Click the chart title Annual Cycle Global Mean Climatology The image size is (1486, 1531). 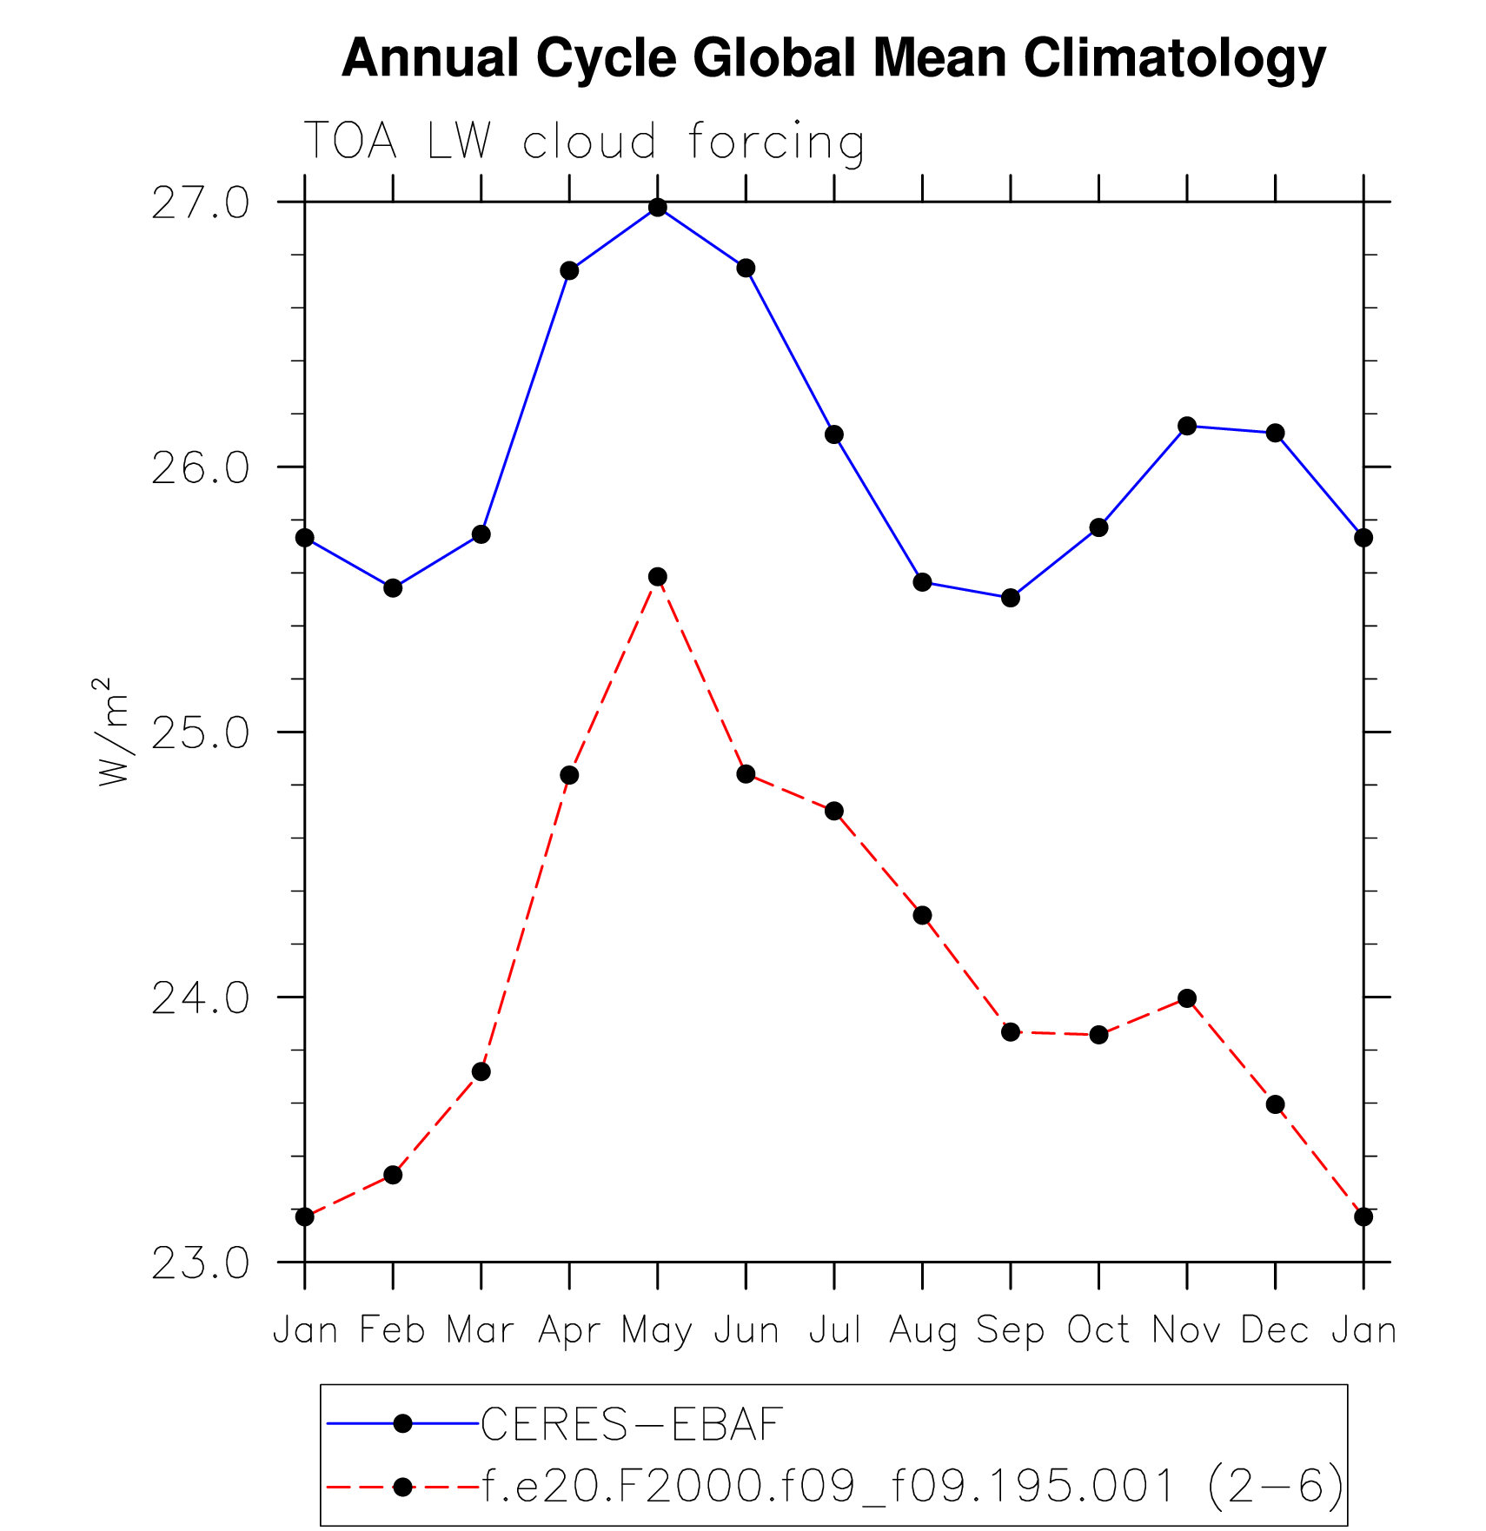[833, 58]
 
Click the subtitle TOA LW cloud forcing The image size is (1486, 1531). [583, 141]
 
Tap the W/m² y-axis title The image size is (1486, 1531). [114, 732]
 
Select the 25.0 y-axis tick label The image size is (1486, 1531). [200, 733]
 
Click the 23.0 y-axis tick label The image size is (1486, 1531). [200, 1263]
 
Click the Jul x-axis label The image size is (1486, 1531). [834, 1330]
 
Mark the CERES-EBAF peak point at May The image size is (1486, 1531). [658, 208]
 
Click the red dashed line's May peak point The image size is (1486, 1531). [658, 577]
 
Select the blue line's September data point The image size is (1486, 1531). [1010, 598]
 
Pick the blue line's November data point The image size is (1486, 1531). [1187, 426]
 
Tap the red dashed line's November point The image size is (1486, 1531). [1187, 998]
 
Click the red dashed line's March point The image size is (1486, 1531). [481, 1072]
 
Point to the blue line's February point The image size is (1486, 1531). [393, 588]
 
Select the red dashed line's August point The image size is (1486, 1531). [922, 915]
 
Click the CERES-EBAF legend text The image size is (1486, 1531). [632, 1423]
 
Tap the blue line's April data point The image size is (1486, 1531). [569, 270]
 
